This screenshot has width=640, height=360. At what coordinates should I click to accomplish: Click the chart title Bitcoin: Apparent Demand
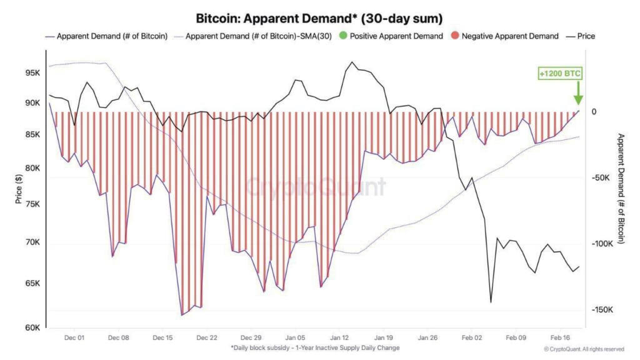(319, 18)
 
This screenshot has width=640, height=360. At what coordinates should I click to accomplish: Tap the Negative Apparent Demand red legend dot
(454, 36)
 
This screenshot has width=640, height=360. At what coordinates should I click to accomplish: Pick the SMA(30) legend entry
(257, 36)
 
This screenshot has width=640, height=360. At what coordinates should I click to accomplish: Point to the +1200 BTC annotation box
(560, 74)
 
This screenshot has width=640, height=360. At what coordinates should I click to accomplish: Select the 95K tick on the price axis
(33, 73)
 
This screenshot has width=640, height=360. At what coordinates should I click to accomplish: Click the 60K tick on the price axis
(33, 327)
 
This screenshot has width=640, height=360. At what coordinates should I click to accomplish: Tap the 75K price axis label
(33, 204)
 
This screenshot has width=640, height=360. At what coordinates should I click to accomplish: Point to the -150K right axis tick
(601, 310)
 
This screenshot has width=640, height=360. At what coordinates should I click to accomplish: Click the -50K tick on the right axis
(601, 178)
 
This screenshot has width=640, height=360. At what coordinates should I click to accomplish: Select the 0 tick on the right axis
(594, 112)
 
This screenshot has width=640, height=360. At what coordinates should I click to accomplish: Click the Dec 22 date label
(206, 337)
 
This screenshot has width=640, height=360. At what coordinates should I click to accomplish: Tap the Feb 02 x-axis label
(471, 337)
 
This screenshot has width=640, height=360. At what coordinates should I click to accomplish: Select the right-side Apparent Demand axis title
(621, 188)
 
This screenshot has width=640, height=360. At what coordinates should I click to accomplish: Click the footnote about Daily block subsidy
(314, 347)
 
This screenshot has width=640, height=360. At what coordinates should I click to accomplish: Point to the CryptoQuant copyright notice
(584, 349)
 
